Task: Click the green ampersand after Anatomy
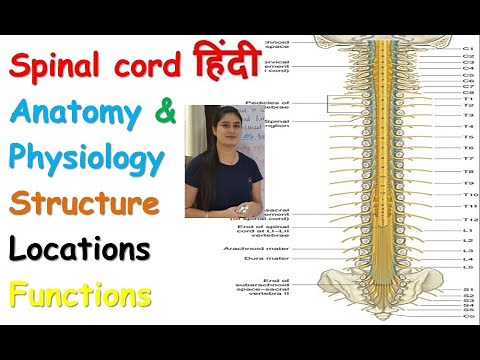pos(165,113)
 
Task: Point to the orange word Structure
pos(84,204)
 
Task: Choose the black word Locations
pos(82,249)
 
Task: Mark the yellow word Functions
pos(80,294)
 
